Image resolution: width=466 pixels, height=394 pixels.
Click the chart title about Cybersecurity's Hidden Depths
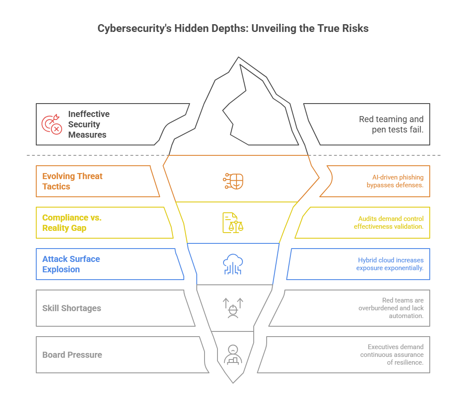[233, 28]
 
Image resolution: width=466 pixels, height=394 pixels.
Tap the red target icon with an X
[51, 124]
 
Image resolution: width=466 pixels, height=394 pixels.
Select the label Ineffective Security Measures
[88, 124]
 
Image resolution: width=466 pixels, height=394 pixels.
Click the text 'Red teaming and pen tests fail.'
[391, 124]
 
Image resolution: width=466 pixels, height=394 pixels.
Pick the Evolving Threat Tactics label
[72, 181]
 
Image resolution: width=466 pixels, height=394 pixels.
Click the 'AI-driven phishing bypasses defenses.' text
[395, 181]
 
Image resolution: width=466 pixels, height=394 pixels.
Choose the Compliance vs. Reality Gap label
[72, 223]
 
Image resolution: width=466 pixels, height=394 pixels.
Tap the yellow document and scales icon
[233, 223]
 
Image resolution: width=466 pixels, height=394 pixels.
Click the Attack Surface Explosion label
[71, 264]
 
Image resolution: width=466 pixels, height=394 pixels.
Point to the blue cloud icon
[233, 264]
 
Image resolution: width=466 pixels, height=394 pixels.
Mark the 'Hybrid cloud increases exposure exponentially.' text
[390, 264]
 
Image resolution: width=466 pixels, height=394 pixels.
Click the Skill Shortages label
[72, 308]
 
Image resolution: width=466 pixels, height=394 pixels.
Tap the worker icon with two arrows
[233, 308]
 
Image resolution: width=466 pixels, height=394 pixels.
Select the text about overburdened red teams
[391, 308]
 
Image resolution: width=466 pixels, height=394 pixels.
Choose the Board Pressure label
[72, 355]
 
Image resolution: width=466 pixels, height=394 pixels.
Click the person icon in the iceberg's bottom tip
[233, 355]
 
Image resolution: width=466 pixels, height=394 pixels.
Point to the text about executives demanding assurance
[392, 355]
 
